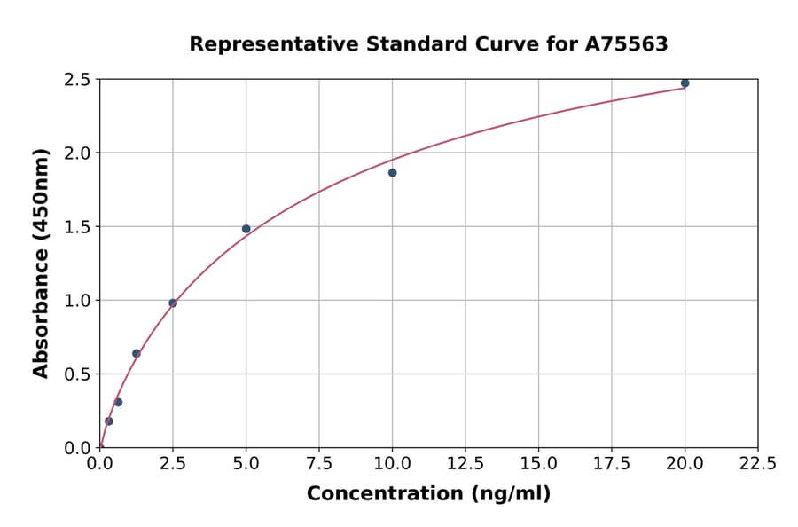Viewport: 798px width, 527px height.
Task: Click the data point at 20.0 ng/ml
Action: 685,83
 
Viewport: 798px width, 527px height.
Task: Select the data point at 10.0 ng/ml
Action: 392,173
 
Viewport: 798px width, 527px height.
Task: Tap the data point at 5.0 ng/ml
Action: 246,229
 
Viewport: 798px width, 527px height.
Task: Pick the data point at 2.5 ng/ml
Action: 173,303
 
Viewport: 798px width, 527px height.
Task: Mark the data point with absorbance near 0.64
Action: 137,353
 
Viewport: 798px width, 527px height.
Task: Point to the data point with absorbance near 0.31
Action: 118,402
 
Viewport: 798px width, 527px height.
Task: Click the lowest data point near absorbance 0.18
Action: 109,421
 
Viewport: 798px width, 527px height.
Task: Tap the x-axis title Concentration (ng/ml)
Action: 428,494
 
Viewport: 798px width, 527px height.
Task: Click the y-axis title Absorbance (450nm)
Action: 41,263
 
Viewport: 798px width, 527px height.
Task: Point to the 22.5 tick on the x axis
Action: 757,463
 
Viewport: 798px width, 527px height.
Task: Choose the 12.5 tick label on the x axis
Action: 465,463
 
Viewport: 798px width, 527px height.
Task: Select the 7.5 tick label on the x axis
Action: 319,463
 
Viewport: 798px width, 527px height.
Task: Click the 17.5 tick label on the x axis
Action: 612,463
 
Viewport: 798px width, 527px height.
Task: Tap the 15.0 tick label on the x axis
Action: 538,463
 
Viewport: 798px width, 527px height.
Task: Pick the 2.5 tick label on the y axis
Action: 78,80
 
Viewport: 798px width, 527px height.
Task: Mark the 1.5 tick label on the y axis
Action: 78,227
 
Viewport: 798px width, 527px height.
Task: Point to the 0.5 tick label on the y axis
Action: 78,374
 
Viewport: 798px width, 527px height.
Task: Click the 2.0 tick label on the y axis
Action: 78,153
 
